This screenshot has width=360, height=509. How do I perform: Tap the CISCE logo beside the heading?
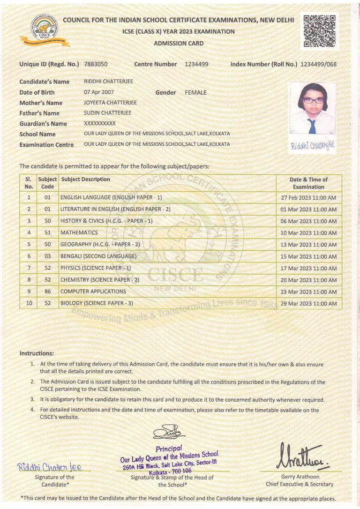[x=45, y=30]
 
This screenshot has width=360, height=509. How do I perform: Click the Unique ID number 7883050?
[x=96, y=64]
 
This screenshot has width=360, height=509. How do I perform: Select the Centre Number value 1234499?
[x=196, y=64]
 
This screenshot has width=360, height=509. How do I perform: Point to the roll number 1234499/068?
[x=318, y=64]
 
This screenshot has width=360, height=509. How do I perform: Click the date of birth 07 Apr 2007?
[x=99, y=92]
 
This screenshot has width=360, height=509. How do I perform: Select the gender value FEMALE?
[x=195, y=92]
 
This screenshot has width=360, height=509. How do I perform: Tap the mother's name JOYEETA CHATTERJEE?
[x=110, y=103]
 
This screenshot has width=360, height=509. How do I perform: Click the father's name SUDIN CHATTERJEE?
[x=108, y=113]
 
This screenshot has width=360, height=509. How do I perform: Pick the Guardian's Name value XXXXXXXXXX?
[x=99, y=123]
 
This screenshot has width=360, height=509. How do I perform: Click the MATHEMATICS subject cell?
[x=79, y=232]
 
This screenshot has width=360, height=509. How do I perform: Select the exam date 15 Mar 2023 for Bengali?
[x=308, y=256]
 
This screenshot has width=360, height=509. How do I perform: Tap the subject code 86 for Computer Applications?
[x=47, y=292]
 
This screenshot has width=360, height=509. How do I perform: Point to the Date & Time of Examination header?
[x=308, y=183]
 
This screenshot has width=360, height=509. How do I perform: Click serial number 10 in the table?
[x=29, y=303]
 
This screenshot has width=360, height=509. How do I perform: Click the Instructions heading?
[x=37, y=353]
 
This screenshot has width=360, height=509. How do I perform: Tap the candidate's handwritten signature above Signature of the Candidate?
[x=49, y=467]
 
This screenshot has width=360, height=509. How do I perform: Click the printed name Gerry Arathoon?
[x=300, y=477]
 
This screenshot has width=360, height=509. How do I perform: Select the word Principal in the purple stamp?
[x=169, y=448]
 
